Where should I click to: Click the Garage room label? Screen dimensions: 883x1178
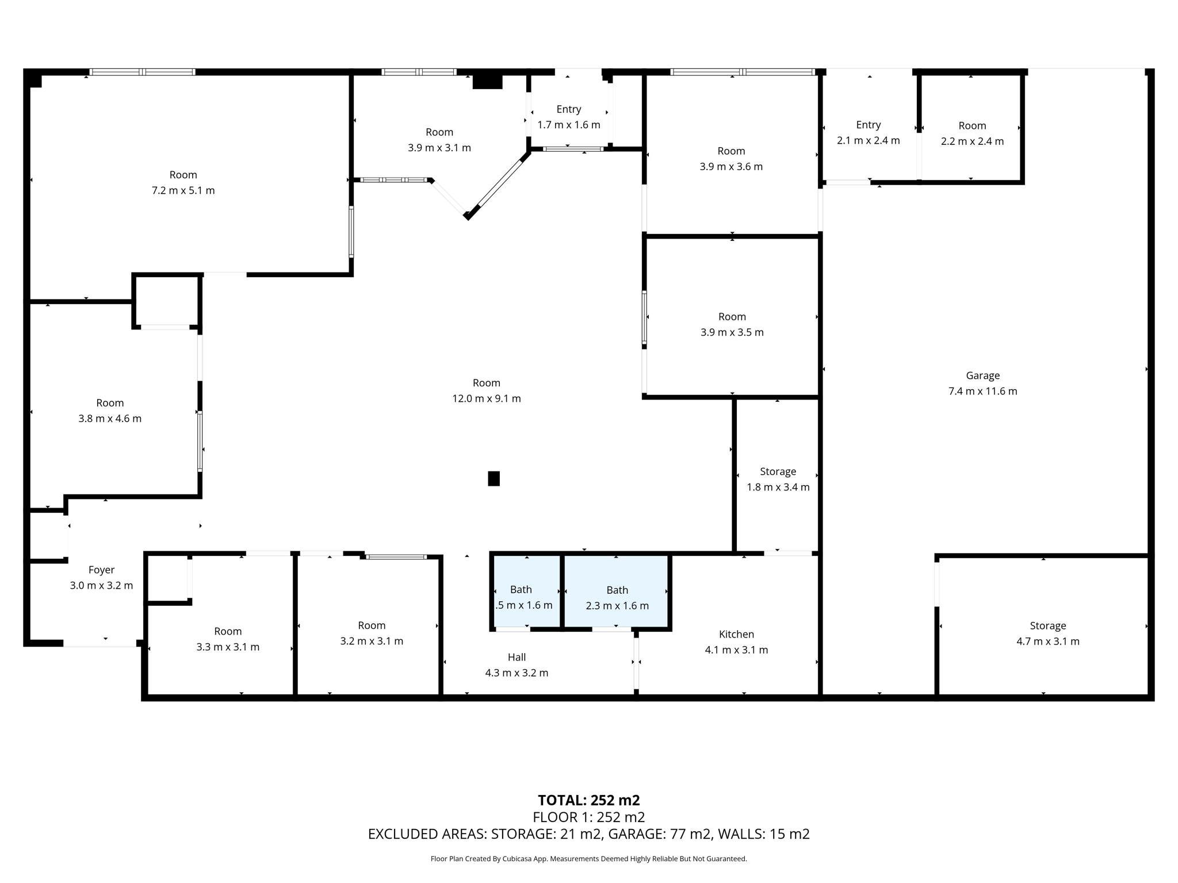[982, 375]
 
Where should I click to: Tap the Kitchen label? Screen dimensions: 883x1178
[736, 634]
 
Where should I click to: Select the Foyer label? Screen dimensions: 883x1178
[101, 570]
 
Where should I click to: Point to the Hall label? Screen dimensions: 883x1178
[517, 657]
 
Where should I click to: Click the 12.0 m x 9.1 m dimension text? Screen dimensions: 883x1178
[487, 398]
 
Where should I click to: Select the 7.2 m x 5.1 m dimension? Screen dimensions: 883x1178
[183, 190]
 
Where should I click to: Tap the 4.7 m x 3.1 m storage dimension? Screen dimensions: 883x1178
[1047, 641]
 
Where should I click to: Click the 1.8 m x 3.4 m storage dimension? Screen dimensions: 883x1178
[778, 487]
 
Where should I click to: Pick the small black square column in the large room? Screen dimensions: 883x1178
[494, 478]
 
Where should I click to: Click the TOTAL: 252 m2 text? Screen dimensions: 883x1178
[588, 800]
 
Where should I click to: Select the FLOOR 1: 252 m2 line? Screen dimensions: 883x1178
[588, 817]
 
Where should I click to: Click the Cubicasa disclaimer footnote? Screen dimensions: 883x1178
[588, 859]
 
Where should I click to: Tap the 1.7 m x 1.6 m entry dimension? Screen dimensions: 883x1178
[568, 125]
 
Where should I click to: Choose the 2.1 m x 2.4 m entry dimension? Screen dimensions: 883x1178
[868, 140]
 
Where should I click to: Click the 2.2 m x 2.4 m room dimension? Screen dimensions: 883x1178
[972, 141]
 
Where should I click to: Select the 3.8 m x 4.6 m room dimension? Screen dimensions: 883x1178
[110, 419]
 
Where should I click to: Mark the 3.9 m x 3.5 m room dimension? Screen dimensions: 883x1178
[732, 332]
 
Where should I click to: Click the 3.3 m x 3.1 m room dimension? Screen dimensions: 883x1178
[228, 647]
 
